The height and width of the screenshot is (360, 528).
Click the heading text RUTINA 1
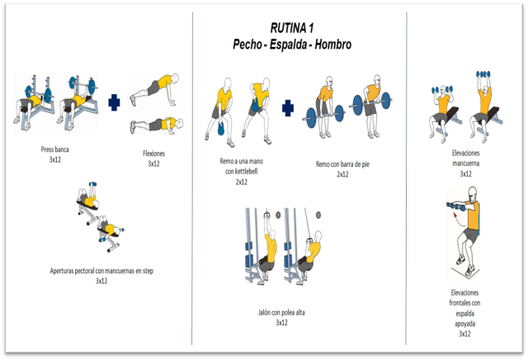[x=292, y=28]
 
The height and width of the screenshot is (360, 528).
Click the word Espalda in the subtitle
[x=288, y=44]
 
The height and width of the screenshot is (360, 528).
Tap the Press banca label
[x=55, y=149]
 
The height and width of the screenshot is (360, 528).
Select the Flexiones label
[x=154, y=154]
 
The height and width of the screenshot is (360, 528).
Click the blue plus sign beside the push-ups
[x=114, y=102]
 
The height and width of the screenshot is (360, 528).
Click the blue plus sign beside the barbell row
[x=288, y=108]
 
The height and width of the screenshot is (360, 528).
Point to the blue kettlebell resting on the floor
[x=221, y=129]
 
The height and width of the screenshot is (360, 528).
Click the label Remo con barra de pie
[x=342, y=164]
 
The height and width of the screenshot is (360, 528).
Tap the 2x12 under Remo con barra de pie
[x=342, y=174]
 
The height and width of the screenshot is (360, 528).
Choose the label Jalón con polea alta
[x=281, y=312]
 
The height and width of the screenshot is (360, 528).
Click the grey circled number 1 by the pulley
[x=278, y=215]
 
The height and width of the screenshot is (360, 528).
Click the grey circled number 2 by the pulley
[x=318, y=215]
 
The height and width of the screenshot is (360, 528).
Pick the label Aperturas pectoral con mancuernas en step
[x=101, y=271]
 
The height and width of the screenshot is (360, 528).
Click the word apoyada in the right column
[x=465, y=324]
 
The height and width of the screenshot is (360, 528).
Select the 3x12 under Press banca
[x=55, y=159]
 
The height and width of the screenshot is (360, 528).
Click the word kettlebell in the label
[x=246, y=171]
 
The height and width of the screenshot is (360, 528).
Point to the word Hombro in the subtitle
[x=333, y=44]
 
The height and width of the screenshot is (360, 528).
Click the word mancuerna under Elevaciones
[x=465, y=163]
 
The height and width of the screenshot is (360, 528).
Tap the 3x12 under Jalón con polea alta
[x=282, y=323]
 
